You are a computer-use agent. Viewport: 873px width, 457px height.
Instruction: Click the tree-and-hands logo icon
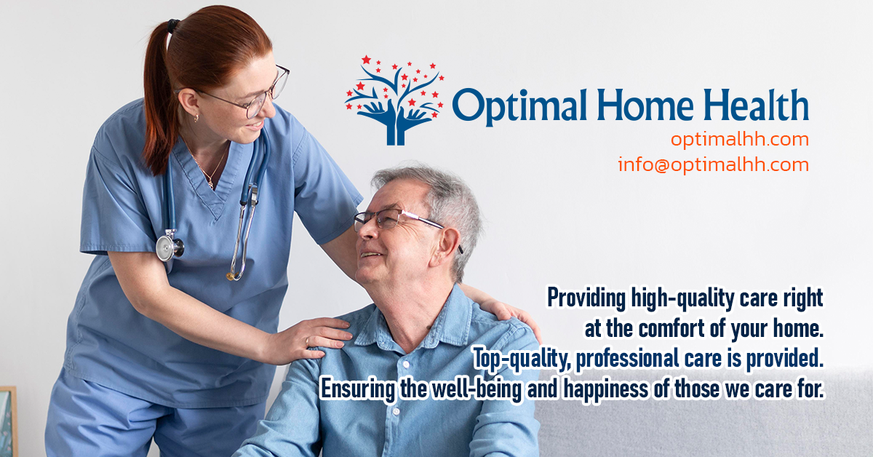(394, 99)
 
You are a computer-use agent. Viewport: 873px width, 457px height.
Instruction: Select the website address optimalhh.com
(739, 139)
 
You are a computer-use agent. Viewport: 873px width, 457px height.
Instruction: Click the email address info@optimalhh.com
(713, 165)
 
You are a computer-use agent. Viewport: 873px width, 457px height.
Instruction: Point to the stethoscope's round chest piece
(168, 246)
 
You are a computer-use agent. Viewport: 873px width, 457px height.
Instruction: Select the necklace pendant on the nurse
(210, 183)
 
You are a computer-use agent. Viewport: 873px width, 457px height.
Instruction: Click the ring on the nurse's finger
(307, 341)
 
